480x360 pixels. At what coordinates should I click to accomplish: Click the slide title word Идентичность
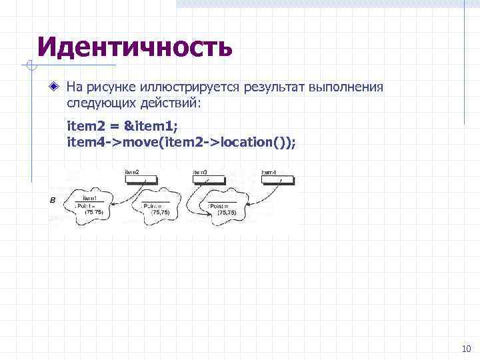pos(135,47)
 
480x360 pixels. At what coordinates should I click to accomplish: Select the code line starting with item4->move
pos(181,141)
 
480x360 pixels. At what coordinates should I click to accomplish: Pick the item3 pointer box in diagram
pos(208,179)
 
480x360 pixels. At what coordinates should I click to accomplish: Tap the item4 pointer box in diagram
pos(277,179)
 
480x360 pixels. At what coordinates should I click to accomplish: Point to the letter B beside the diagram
pos(52,201)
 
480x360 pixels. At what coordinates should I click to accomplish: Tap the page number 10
pos(465,349)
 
